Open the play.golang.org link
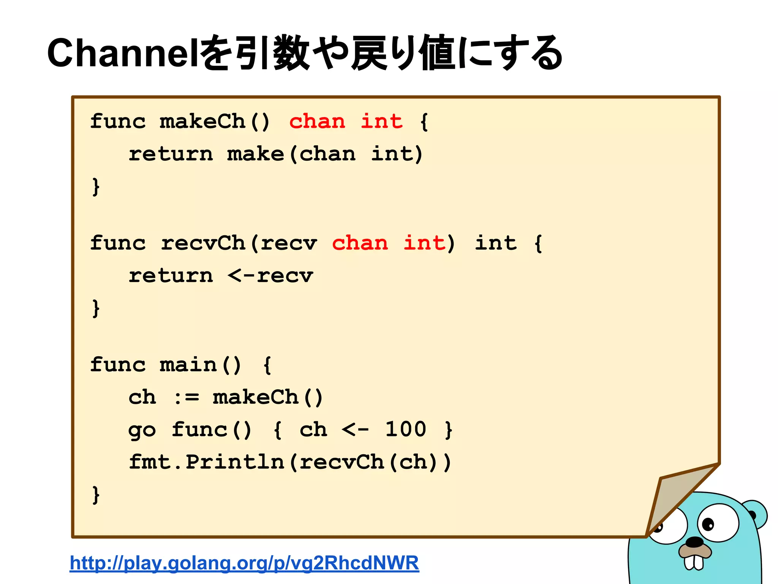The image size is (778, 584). (244, 563)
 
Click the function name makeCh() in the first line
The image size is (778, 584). (215, 122)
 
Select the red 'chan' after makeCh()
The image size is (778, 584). (317, 122)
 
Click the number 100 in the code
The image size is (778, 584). (406, 430)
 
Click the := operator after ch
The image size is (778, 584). (186, 398)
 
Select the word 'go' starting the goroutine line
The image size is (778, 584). (142, 431)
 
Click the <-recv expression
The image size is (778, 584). (270, 276)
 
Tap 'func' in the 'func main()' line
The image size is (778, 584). (118, 365)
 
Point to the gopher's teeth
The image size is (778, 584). (694, 562)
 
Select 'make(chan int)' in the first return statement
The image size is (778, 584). (325, 154)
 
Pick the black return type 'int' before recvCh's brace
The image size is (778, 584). (496, 243)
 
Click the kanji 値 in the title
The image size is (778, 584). (437, 53)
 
